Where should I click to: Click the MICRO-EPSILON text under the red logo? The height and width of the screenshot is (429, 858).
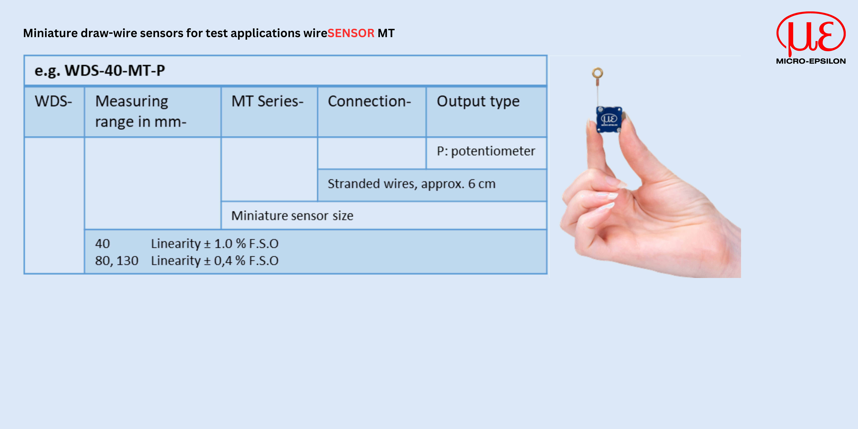pyautogui.click(x=811, y=61)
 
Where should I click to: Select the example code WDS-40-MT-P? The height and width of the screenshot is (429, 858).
pyautogui.click(x=115, y=70)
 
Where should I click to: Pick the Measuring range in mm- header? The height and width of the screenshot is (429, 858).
pyautogui.click(x=141, y=111)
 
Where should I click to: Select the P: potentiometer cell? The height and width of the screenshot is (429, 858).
pyautogui.click(x=486, y=151)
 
